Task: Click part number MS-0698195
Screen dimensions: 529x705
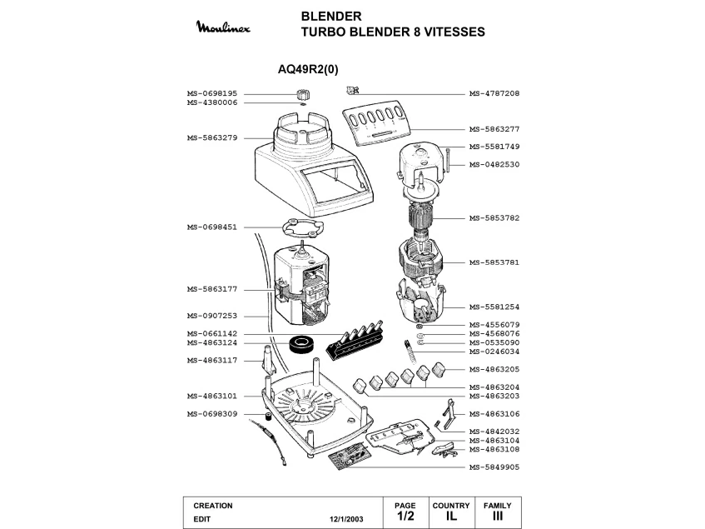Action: [x=212, y=94]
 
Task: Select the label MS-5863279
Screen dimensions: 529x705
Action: [x=212, y=137]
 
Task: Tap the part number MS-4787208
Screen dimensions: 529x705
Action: [x=494, y=94]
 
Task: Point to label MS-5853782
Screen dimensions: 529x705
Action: [x=494, y=217]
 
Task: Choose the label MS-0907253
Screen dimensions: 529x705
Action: [x=212, y=316]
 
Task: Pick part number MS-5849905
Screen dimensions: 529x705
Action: [x=494, y=467]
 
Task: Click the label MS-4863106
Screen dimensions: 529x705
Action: [x=494, y=413]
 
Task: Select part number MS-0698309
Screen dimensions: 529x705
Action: [x=212, y=414]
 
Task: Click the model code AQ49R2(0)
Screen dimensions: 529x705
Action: [x=308, y=70]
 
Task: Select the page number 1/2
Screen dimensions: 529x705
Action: [x=405, y=517]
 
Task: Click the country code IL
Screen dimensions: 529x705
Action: [x=451, y=517]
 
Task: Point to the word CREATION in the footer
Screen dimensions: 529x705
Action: [x=213, y=506]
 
